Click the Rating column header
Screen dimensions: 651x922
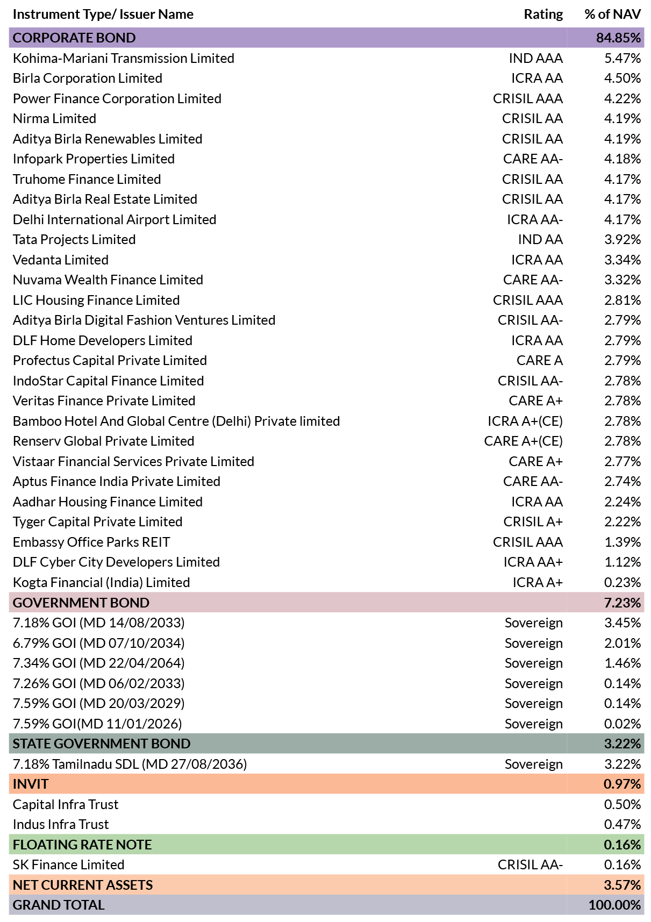click(543, 15)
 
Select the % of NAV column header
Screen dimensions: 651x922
click(613, 15)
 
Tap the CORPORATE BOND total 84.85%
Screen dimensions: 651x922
click(619, 38)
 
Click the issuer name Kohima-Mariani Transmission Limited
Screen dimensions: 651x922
click(124, 58)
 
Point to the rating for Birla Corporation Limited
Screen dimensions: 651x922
click(537, 78)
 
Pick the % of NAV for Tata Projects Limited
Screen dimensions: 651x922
click(623, 240)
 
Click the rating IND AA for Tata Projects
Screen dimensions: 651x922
click(540, 240)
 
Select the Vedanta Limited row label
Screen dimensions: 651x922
click(61, 260)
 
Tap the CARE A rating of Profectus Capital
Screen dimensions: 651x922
click(540, 361)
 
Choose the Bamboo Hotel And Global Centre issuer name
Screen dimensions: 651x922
click(176, 421)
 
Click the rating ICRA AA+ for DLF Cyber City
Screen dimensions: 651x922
click(533, 562)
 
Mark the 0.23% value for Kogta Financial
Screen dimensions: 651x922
click(623, 582)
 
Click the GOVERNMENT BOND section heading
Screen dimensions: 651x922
click(81, 603)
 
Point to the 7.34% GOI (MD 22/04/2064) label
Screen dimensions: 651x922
click(99, 663)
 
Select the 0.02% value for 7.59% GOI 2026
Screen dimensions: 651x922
click(623, 724)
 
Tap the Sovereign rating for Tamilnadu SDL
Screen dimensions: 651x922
click(534, 764)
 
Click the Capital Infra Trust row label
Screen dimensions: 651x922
click(66, 804)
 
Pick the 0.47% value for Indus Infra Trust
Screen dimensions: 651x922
click(623, 824)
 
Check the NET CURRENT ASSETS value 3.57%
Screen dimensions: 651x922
click(623, 885)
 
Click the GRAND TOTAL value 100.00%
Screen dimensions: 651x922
click(615, 905)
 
